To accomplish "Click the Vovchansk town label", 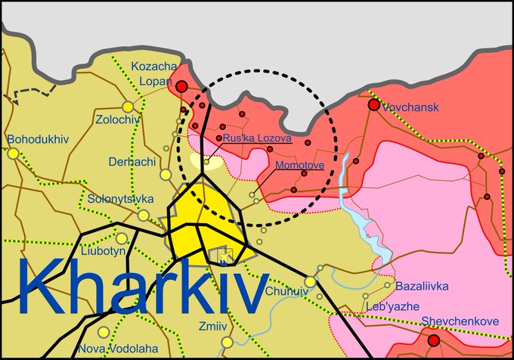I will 411,108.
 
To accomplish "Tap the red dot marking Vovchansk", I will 374,104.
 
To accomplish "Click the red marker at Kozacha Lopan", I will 181,87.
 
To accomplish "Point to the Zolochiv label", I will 119,119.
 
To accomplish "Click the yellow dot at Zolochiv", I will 128,107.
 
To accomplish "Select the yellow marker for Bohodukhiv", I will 13,154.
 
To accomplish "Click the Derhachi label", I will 132,162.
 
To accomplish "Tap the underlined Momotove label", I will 300,164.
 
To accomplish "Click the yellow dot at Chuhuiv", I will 309,281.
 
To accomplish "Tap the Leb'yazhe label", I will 392,306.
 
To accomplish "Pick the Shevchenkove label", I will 460,321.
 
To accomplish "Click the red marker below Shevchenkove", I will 434,341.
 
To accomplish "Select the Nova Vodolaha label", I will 113,349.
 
